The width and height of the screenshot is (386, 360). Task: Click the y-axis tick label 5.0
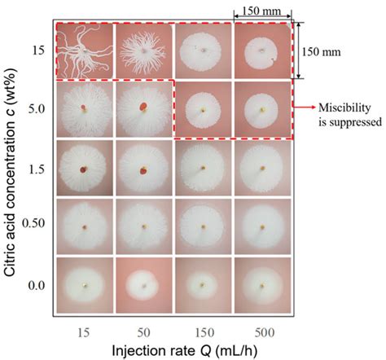(x=33, y=108)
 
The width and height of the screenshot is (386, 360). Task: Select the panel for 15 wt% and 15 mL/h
(x=85, y=50)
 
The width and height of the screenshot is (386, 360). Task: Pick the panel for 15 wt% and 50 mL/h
(x=144, y=50)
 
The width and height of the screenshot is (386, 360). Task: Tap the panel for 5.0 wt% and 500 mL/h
(x=262, y=108)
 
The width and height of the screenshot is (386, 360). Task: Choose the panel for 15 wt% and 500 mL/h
(x=262, y=50)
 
